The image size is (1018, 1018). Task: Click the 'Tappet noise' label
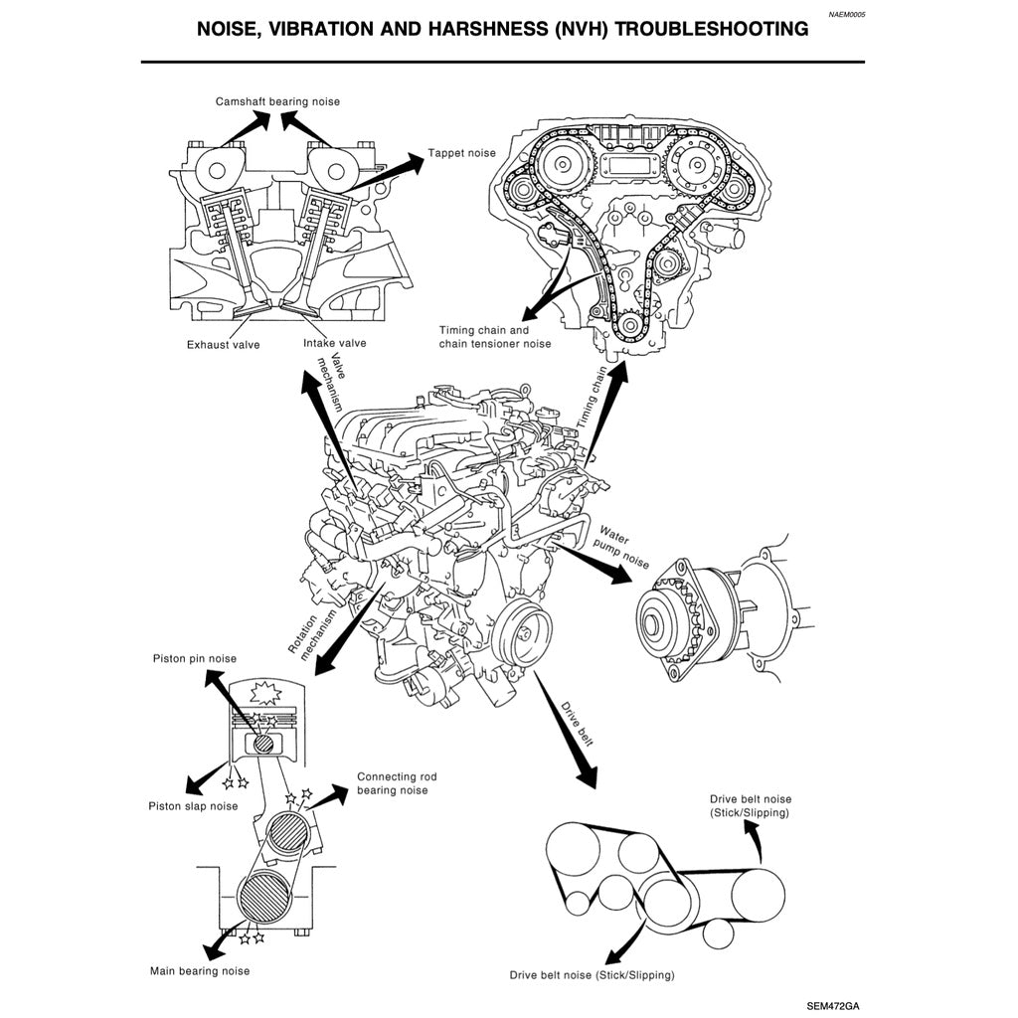click(x=461, y=154)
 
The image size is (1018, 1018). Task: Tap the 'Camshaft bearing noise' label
click(x=277, y=101)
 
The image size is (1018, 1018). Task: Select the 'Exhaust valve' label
click(x=223, y=345)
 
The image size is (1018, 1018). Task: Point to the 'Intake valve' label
click(x=334, y=343)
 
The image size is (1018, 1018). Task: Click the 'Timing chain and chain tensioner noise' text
click(x=494, y=337)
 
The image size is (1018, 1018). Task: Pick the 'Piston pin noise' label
click(x=195, y=658)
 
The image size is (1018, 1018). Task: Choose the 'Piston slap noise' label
click(x=193, y=805)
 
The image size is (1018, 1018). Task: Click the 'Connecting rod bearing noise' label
click(x=397, y=783)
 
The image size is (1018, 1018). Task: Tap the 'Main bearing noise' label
click(x=200, y=970)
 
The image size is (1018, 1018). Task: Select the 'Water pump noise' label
click(x=620, y=546)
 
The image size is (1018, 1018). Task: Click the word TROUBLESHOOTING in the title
click(x=712, y=30)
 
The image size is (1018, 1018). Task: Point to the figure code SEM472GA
click(x=833, y=1004)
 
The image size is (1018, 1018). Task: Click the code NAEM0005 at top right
click(x=846, y=15)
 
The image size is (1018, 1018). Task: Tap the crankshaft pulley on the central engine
click(x=524, y=628)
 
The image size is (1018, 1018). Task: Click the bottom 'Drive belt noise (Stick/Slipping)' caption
click(x=592, y=975)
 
